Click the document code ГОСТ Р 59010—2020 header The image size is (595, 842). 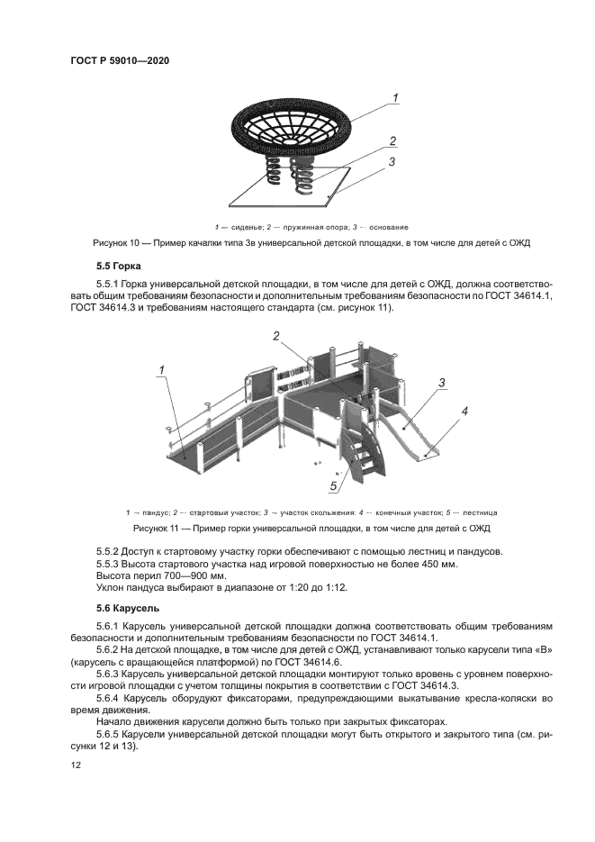[x=120, y=60]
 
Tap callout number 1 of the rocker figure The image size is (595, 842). [x=394, y=96]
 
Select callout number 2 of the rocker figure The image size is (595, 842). [x=393, y=141]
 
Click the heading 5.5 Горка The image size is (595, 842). [x=122, y=267]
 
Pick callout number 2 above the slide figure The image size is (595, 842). [x=277, y=336]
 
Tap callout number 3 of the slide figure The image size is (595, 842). [x=443, y=382]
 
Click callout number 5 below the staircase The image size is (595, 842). [x=332, y=486]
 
